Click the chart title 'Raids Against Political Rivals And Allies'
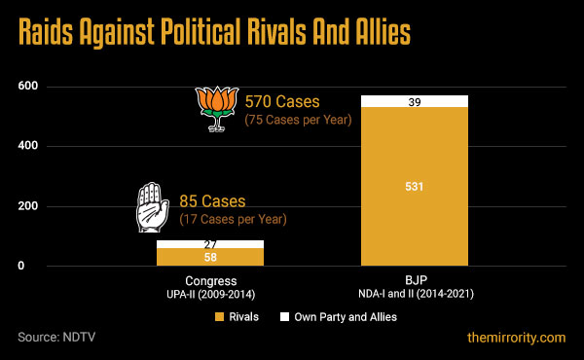[212, 33]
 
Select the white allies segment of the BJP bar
[414, 101]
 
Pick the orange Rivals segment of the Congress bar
[209, 257]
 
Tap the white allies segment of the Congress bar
[209, 244]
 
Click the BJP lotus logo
[215, 107]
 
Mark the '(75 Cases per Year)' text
[297, 120]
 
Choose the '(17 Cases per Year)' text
[233, 220]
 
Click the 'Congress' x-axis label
[209, 280]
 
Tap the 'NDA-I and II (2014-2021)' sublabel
[414, 293]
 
